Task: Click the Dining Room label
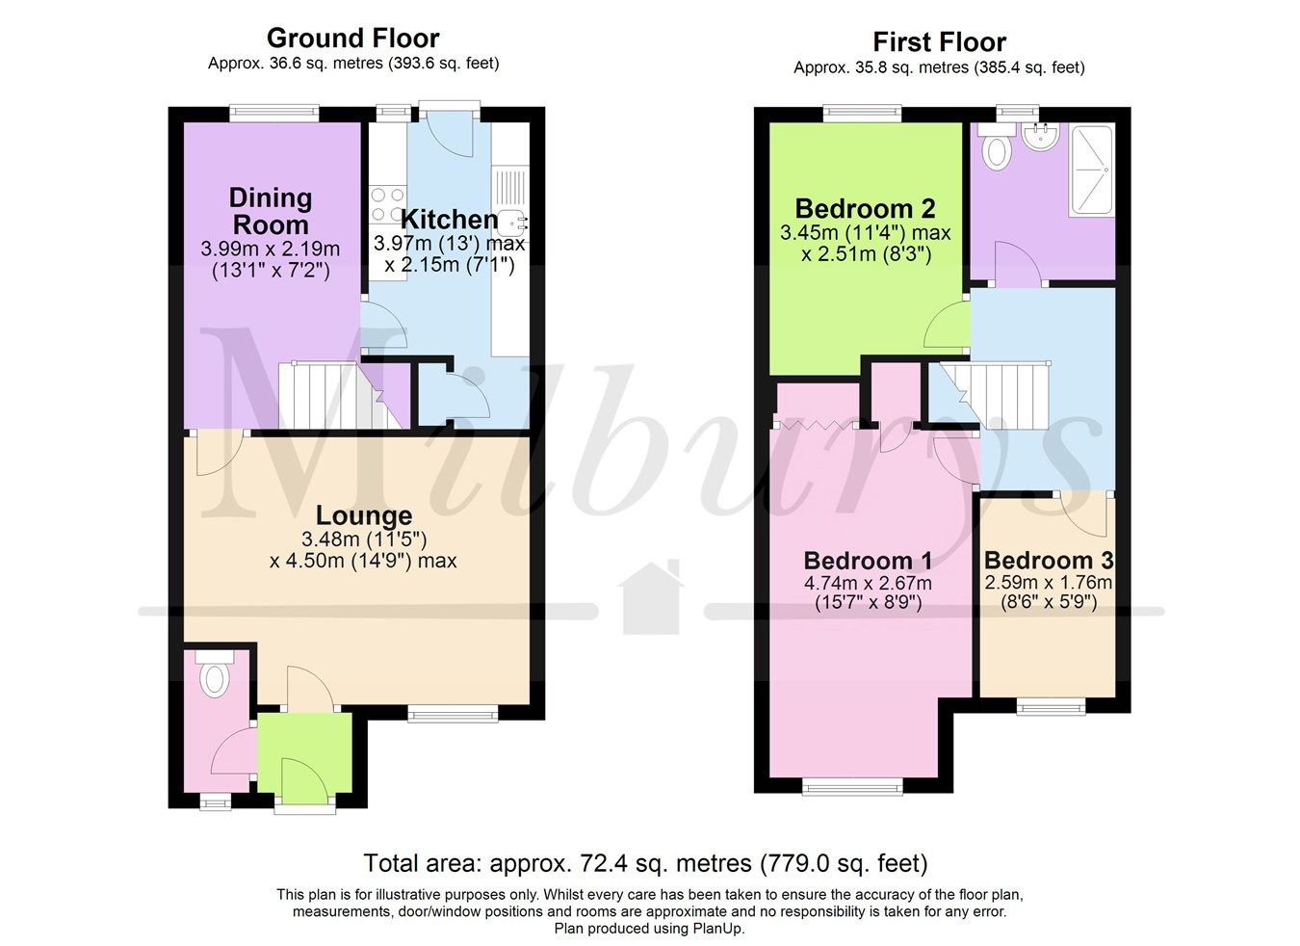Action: coord(270,211)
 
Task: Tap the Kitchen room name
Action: coord(449,219)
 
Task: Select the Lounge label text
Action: coord(363,515)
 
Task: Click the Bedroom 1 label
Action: coord(867,560)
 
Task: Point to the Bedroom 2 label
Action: coord(865,208)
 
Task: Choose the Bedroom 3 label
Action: coord(1048,560)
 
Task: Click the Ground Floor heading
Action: coord(352,39)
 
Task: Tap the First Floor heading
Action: coord(939,42)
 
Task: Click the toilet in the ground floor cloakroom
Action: coord(214,677)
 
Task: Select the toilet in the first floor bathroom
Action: coord(998,149)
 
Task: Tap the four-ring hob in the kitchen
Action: coord(387,204)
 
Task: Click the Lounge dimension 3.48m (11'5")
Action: coord(363,539)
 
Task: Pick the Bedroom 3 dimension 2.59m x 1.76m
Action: coord(1048,583)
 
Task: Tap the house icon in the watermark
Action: coord(651,599)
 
